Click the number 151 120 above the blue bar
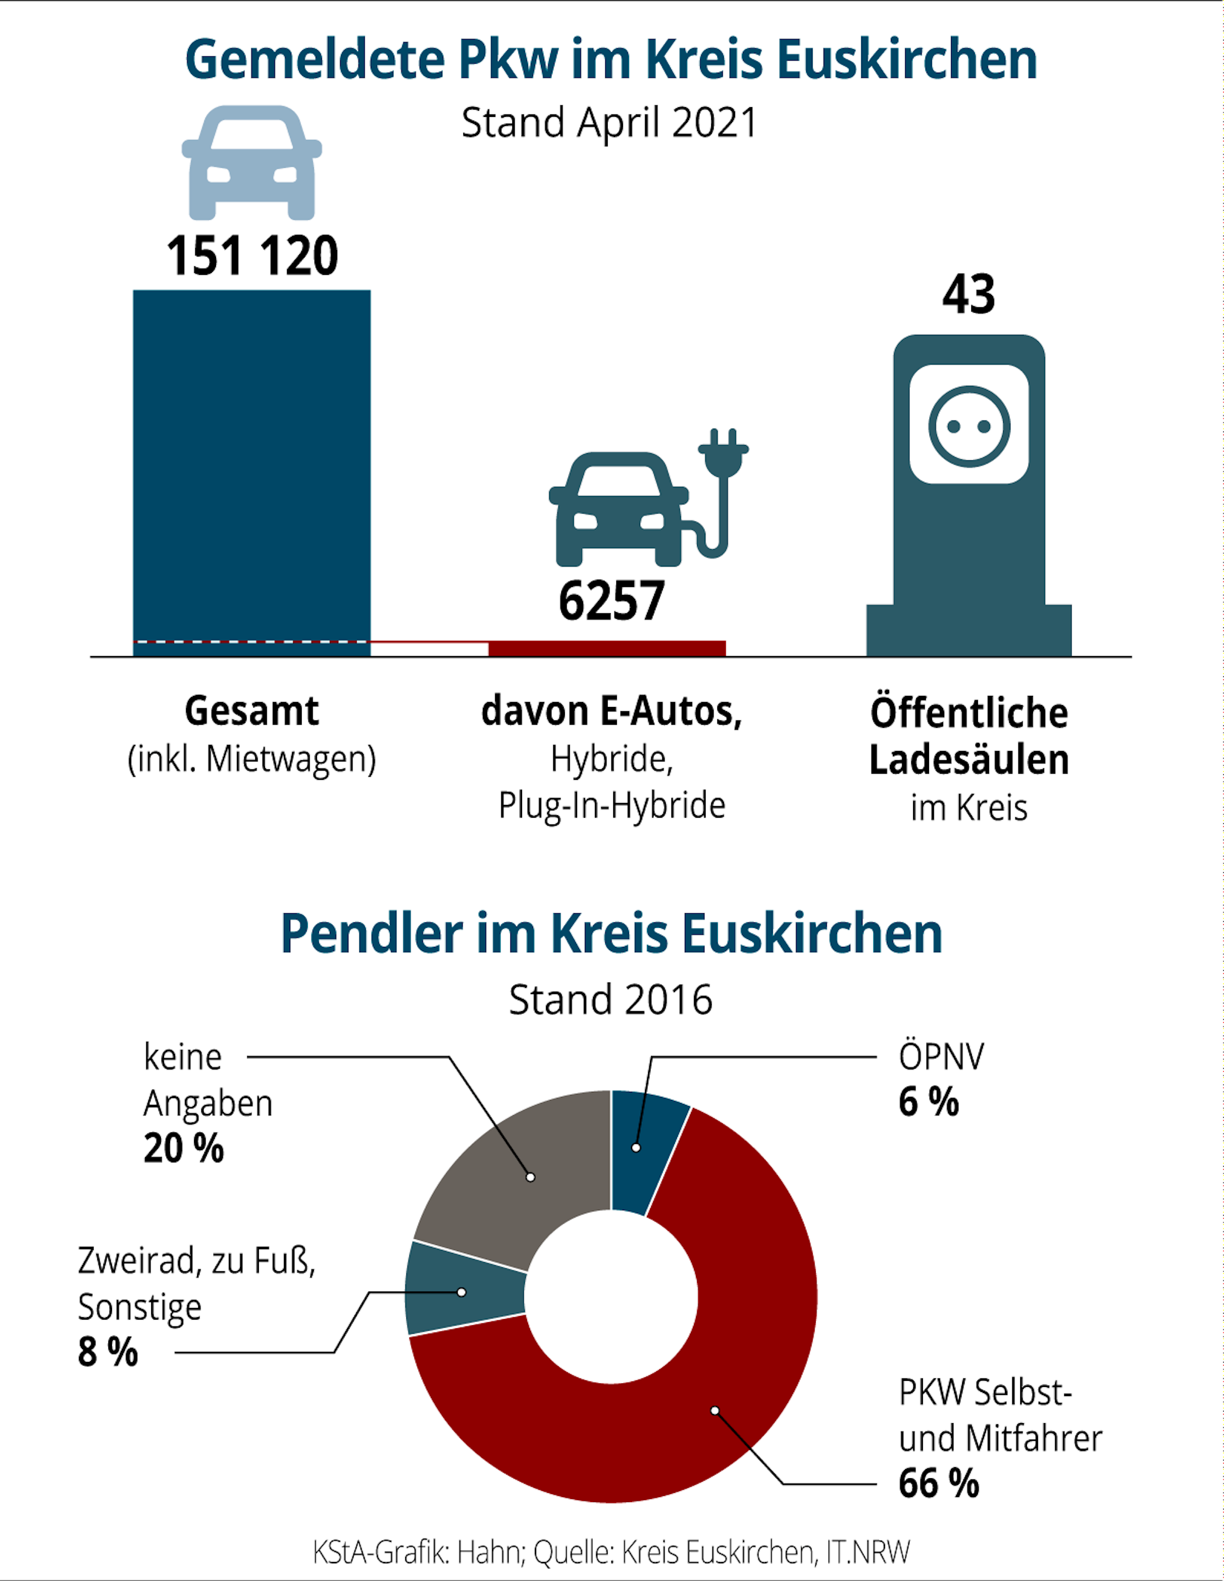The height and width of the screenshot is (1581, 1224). [x=252, y=256]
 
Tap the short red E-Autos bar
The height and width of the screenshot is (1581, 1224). [x=606, y=649]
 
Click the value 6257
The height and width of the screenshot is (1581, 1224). [x=611, y=602]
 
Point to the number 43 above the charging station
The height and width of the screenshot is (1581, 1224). [x=968, y=294]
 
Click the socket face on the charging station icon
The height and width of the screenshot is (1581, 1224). [x=968, y=425]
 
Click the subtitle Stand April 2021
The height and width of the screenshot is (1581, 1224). [x=610, y=122]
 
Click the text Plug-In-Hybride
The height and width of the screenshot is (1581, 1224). [x=611, y=805]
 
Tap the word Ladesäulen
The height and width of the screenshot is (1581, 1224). [x=968, y=760]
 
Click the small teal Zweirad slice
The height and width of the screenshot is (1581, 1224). [x=463, y=1293]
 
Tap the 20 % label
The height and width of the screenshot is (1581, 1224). [x=183, y=1149]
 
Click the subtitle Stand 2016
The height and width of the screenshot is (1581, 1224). [x=610, y=1000]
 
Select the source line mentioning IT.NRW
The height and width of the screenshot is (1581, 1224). [x=611, y=1552]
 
